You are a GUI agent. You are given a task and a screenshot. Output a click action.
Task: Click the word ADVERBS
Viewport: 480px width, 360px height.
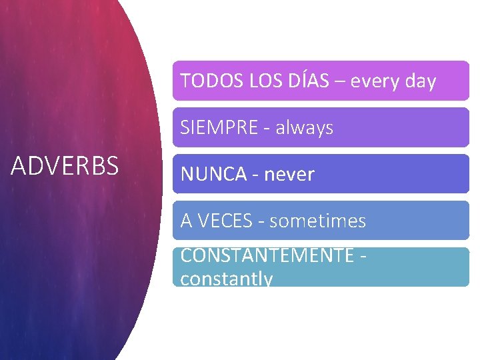click(x=65, y=166)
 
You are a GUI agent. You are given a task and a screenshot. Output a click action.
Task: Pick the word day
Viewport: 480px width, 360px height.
click(x=420, y=81)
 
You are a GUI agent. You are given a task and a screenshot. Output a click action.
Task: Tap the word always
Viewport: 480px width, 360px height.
click(x=305, y=127)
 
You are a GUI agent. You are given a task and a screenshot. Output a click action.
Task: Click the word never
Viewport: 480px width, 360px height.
click(x=289, y=174)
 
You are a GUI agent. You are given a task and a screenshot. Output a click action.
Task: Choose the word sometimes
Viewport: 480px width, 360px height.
click(x=318, y=221)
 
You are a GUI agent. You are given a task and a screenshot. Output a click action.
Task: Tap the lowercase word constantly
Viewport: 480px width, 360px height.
click(x=227, y=278)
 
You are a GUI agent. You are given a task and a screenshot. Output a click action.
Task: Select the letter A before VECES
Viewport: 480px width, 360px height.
click(x=186, y=221)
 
